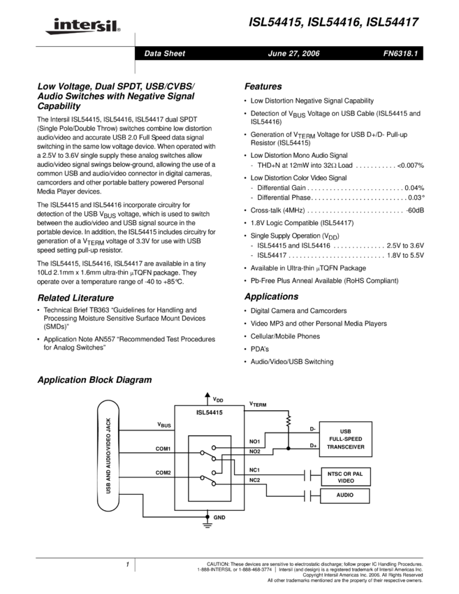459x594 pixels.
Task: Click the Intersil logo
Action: click(81, 27)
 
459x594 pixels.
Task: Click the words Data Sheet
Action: click(164, 54)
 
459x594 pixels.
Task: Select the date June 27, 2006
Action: click(293, 54)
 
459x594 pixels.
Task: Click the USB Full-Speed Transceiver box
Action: click(345, 440)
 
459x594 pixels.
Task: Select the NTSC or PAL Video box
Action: click(345, 477)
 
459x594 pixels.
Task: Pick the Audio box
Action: click(344, 495)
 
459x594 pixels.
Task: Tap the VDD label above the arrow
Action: click(218, 400)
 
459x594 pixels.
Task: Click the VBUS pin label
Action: click(165, 424)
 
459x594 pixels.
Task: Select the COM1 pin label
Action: click(163, 448)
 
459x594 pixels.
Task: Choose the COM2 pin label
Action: click(163, 473)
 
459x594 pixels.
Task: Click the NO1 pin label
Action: click(254, 442)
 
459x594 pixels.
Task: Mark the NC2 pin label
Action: click(254, 479)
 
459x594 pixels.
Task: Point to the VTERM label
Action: click(258, 404)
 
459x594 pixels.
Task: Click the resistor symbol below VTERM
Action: click(288, 421)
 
